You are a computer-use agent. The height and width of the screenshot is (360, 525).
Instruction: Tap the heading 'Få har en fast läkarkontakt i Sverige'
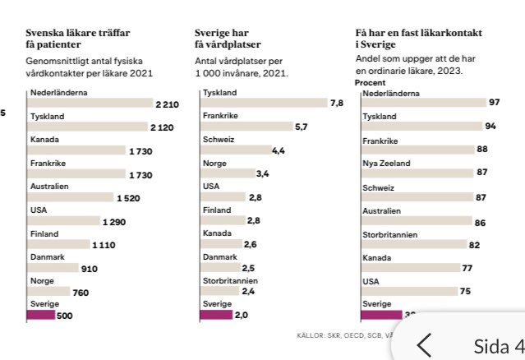(418, 39)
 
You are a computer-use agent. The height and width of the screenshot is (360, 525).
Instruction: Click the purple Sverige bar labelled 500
(41, 315)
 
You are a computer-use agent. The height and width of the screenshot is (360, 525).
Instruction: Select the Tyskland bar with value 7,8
(263, 103)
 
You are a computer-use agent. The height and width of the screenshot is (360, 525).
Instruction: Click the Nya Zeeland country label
(386, 164)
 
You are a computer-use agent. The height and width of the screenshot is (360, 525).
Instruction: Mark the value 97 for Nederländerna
(494, 102)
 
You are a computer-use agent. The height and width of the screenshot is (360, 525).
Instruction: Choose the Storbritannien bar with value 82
(416, 244)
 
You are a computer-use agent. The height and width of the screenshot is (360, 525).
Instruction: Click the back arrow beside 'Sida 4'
(424, 346)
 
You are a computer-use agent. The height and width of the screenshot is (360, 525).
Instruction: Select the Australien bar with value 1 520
(70, 197)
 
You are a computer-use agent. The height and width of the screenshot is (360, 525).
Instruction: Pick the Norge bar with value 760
(48, 291)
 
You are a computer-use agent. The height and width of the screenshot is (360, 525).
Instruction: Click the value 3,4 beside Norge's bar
(263, 173)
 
